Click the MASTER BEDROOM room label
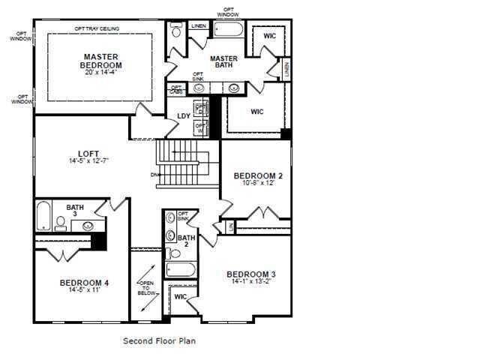point(103,61)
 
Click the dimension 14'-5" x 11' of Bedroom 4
point(84,290)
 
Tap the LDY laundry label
point(183,115)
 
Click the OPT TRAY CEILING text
point(97,29)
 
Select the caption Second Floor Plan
point(159,340)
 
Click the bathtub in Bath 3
point(43,215)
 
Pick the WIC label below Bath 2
point(180,297)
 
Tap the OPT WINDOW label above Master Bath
point(229,13)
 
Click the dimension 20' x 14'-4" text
point(103,73)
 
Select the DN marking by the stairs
point(154,175)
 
